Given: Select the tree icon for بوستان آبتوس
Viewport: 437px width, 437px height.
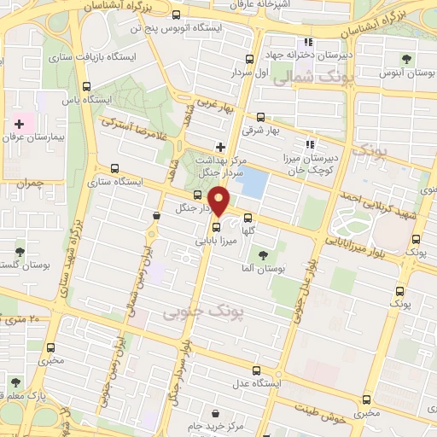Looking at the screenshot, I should coord(407,58).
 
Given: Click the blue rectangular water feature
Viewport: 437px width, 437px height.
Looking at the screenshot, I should coord(253,182).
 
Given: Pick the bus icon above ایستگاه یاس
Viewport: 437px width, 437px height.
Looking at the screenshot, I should coord(86,85).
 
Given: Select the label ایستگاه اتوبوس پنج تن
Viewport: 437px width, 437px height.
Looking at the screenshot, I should coord(189,28).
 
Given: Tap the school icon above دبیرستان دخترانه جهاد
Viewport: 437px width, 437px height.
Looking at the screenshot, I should coord(306,44).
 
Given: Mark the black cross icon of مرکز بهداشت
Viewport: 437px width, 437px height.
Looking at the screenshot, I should coord(220,147).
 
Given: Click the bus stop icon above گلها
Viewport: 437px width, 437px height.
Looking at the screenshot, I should coord(248,217).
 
